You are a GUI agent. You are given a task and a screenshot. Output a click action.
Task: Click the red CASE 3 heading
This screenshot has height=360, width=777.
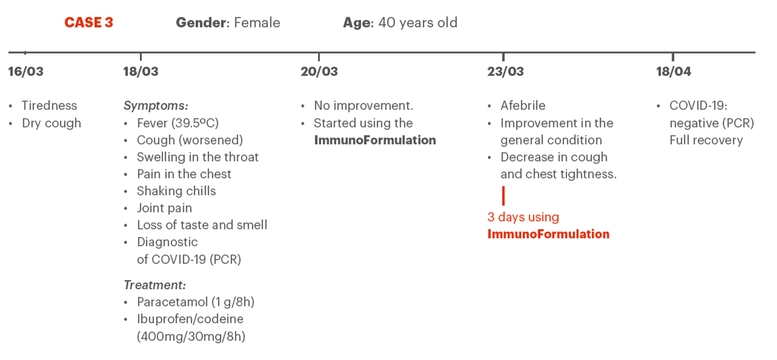click(89, 23)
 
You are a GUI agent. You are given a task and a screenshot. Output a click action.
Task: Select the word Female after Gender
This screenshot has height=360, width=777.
click(257, 23)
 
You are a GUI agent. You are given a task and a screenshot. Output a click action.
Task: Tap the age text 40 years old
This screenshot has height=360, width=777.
click(418, 23)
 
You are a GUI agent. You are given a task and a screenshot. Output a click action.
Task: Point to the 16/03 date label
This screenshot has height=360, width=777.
click(26, 71)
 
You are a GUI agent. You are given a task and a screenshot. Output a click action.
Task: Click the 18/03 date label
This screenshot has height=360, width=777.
click(141, 71)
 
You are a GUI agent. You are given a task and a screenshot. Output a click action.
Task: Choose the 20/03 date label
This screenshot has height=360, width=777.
click(319, 71)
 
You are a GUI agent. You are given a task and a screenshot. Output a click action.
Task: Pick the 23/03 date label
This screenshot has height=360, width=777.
click(506, 71)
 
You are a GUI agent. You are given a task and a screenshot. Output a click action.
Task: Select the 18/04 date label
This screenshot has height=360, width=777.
click(673, 71)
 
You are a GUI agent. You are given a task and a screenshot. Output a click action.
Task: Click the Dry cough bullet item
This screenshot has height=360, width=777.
click(51, 123)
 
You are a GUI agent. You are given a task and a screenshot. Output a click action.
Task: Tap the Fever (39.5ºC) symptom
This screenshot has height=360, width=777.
click(178, 123)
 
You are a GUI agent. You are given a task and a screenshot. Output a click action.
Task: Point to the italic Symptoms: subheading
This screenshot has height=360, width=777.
click(156, 106)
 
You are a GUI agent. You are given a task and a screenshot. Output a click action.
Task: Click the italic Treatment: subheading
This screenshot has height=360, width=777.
click(155, 285)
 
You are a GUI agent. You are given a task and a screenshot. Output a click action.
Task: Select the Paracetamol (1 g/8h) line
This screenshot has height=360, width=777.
click(196, 302)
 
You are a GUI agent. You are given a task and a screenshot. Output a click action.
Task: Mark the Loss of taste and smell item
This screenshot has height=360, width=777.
click(202, 225)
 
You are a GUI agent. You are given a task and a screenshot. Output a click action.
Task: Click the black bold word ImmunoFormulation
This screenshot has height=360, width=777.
click(375, 140)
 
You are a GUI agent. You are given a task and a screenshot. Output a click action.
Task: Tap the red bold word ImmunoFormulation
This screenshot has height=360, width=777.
click(549, 234)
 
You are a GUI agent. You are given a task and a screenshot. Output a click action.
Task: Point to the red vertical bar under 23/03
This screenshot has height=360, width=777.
click(503, 196)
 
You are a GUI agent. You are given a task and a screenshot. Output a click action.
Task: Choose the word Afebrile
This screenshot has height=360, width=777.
click(523, 106)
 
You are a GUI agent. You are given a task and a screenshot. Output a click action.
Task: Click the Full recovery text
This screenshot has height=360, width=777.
click(706, 140)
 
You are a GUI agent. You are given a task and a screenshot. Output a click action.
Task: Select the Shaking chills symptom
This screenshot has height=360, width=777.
click(176, 191)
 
